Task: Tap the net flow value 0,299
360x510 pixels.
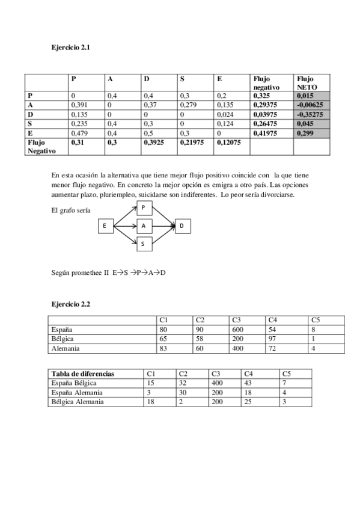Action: pos(305,133)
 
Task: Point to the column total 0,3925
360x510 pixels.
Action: pos(154,143)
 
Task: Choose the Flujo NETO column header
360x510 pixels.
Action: pos(306,82)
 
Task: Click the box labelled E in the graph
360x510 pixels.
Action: pos(105,226)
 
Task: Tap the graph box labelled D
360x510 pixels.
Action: pos(182,226)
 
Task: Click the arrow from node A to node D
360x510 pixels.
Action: pos(163,226)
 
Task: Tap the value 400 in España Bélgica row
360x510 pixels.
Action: pos(216,383)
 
